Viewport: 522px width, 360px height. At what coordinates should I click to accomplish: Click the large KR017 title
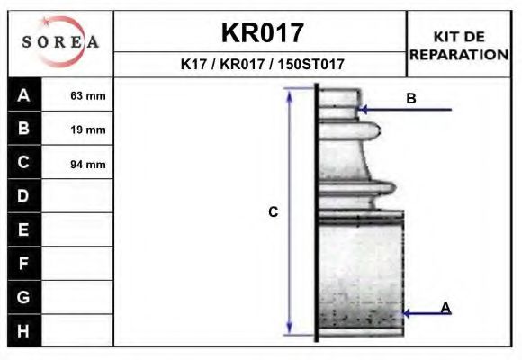[262, 32]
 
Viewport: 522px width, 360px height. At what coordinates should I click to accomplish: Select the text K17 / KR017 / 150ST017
[262, 65]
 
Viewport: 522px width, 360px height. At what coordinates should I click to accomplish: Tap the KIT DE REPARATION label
[459, 45]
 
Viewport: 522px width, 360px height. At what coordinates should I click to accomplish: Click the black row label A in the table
[24, 95]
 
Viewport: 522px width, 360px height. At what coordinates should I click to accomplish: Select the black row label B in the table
[24, 129]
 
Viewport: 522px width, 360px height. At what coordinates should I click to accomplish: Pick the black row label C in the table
[24, 163]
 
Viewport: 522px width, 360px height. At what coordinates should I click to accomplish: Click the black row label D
[24, 196]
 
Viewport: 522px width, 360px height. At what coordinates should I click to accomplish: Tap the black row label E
[24, 229]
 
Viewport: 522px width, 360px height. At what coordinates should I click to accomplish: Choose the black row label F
[24, 263]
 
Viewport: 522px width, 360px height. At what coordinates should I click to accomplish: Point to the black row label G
[24, 296]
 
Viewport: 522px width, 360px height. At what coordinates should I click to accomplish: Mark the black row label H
[24, 330]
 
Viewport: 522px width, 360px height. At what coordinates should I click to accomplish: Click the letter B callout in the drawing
[410, 99]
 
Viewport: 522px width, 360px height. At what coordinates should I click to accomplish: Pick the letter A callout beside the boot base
[445, 308]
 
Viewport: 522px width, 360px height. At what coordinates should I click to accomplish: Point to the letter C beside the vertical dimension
[274, 212]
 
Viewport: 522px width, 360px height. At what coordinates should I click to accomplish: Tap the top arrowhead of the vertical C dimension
[290, 94]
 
